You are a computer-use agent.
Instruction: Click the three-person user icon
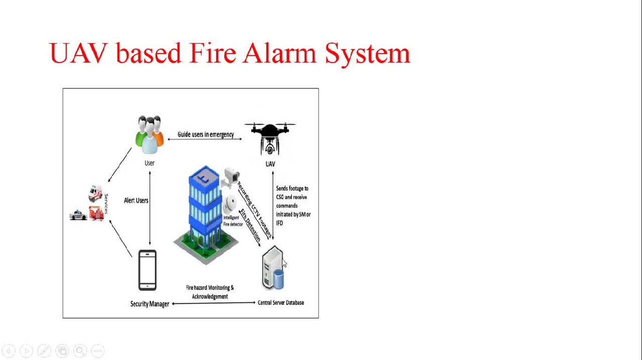coord(149,134)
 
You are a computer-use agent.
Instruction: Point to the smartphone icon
coord(147,270)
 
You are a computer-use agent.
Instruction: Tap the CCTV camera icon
coord(231,177)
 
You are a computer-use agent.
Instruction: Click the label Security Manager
coord(149,304)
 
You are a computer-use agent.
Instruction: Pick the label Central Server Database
coord(281,303)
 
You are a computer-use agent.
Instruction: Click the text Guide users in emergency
coord(206,134)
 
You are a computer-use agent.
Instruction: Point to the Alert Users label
coord(136,201)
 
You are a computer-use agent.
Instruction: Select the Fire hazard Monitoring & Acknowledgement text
coord(210,292)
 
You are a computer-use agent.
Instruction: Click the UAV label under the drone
coord(270,164)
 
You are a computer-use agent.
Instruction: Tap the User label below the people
coord(149,163)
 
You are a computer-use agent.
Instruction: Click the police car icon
coord(78,215)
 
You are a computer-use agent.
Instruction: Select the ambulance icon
coord(95,193)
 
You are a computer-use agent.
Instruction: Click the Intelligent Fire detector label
coord(232,221)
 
